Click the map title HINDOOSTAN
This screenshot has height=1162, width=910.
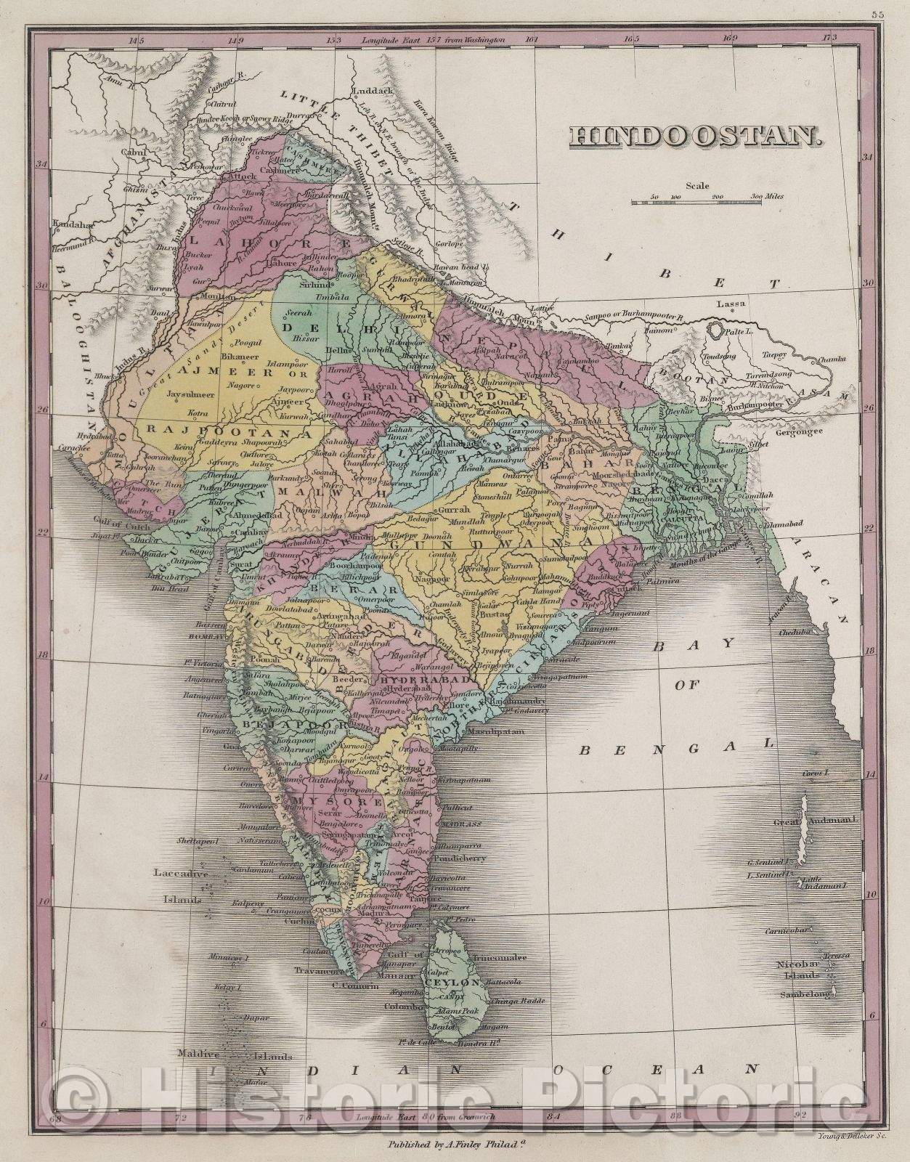[x=694, y=137]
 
